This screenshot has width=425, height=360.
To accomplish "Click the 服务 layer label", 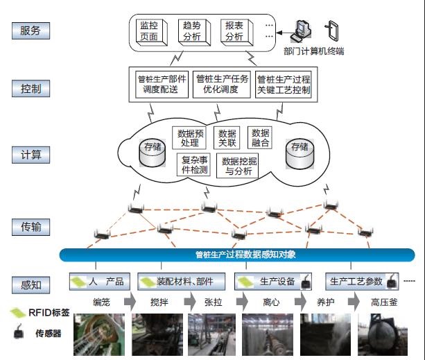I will tap(31, 31).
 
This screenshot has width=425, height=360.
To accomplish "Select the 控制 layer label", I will tap(31, 89).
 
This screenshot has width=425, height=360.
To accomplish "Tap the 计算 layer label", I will tap(31, 155).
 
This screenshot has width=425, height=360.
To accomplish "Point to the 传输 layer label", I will tap(31, 226).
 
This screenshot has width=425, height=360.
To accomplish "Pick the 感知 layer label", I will tap(31, 284).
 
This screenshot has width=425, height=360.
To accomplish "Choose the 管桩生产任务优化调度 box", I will tap(221, 84).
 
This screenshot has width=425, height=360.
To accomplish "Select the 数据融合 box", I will tap(260, 137).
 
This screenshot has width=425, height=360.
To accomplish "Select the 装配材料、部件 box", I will tap(182, 282).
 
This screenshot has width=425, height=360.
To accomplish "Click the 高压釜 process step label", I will tap(383, 302).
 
